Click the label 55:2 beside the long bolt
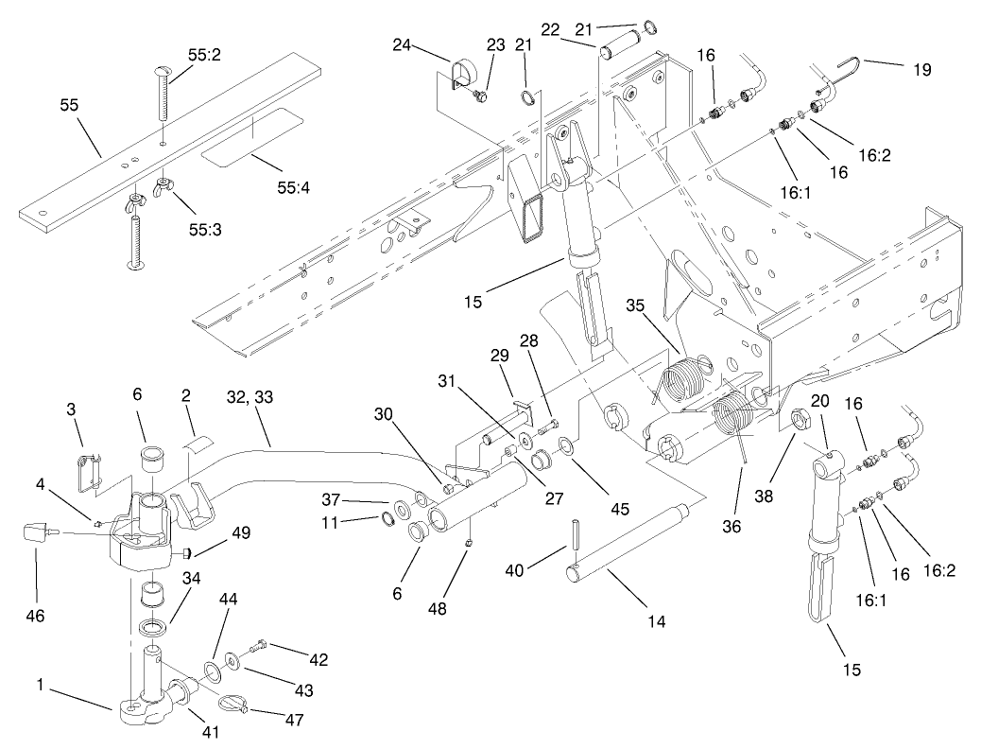coord(204,57)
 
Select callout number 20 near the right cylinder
coord(820,402)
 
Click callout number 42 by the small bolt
coord(318,660)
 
